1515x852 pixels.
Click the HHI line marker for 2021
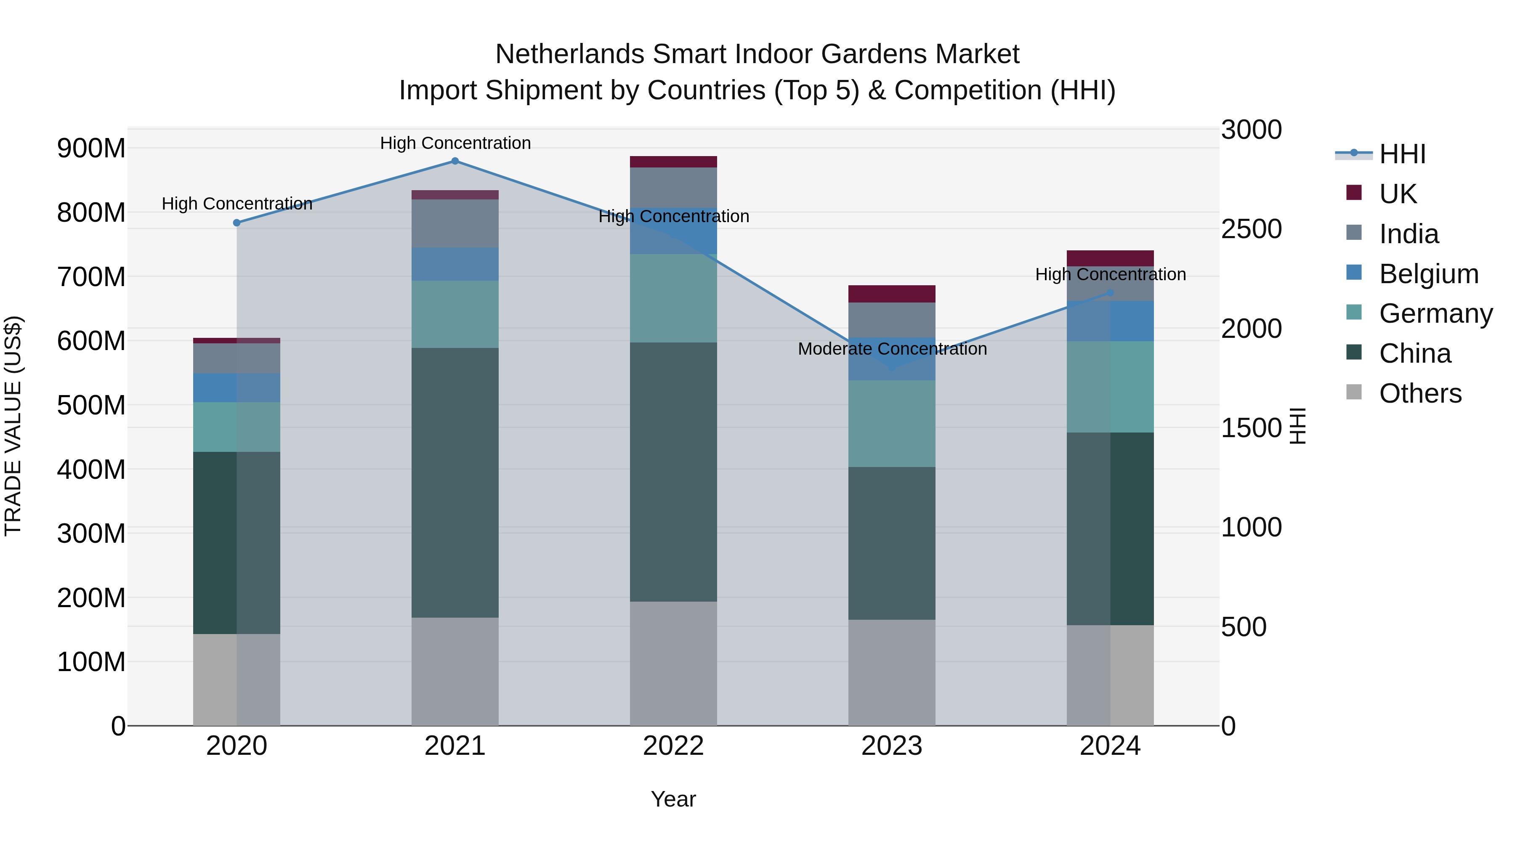(454, 161)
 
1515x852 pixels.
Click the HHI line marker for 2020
(237, 223)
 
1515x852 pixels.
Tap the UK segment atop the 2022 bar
(673, 162)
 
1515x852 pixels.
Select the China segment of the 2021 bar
(454, 482)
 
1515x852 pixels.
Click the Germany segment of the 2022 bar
(673, 298)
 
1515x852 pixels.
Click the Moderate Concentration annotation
(892, 349)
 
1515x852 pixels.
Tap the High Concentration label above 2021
(454, 143)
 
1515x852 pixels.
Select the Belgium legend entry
(1428, 274)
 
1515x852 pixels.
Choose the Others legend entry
(1420, 393)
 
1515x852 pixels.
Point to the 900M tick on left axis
(91, 148)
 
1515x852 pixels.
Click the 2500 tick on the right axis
(1251, 229)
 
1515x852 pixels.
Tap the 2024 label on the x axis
(1109, 746)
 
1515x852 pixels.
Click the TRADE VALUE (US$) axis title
(13, 426)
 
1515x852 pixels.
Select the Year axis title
(673, 799)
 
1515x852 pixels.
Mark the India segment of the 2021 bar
(454, 223)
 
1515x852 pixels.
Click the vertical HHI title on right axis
(1297, 426)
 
